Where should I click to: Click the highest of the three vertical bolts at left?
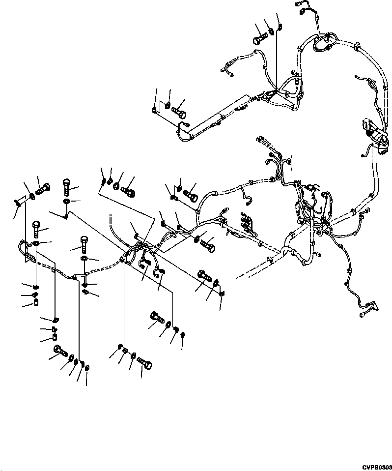(x=67, y=186)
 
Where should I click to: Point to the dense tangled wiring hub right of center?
(x=309, y=206)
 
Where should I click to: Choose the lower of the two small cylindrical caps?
(x=55, y=337)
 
